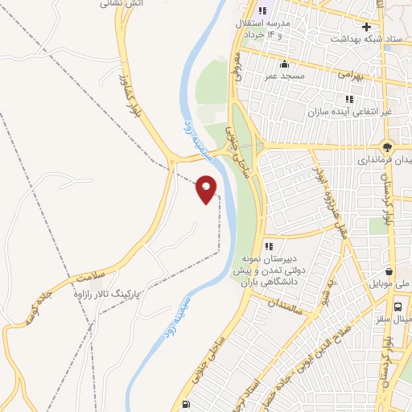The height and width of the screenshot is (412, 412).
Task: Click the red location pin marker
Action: coord(207,189)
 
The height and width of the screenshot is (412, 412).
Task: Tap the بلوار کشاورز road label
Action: coord(125,94)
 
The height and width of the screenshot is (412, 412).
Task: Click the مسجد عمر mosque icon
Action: coord(282,64)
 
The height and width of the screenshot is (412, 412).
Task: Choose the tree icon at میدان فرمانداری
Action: coord(388,148)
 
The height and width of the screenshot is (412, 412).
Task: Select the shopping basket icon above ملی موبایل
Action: coord(390,271)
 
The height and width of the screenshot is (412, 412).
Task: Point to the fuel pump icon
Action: coord(187,404)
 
